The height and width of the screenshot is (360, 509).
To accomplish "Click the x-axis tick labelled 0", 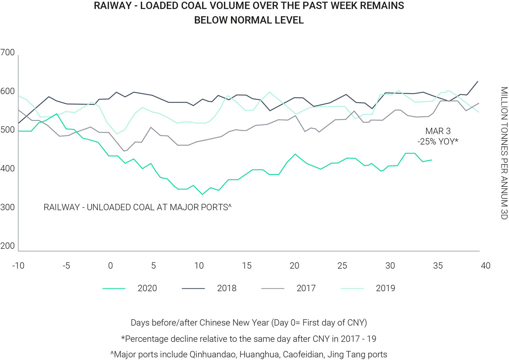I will tap(110, 266).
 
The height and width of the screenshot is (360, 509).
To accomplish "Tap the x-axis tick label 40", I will tap(486, 266).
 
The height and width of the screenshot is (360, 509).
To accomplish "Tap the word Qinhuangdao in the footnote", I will tap(210, 354).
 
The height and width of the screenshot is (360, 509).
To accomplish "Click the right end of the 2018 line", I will tap(478, 81).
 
